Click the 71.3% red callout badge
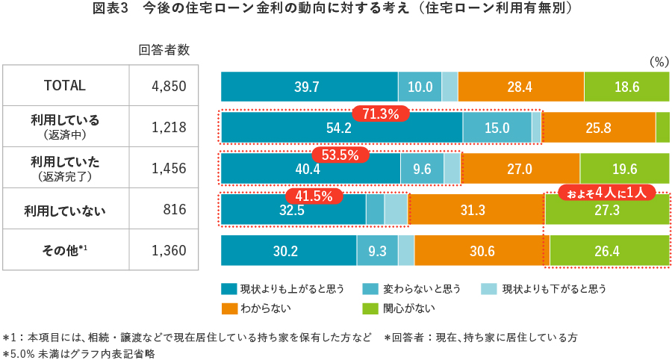coord(381,114)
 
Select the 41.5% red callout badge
coord(313,196)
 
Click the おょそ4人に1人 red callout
coord(607,192)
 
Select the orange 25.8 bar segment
coord(598,128)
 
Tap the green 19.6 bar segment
coord(624,169)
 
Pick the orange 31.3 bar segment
coord(473,211)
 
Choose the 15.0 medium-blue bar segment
coord(497,128)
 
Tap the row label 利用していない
coord(66,210)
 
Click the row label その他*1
coord(66,251)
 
